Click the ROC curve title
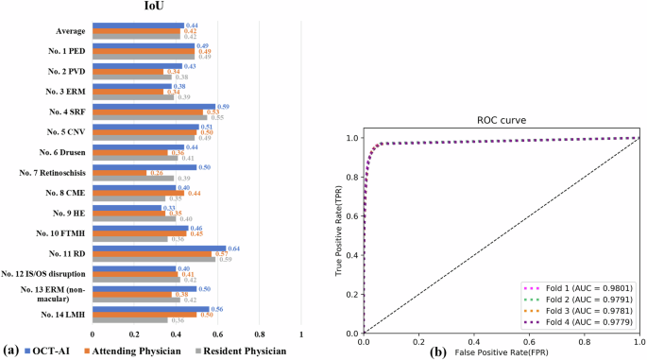click(x=501, y=121)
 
